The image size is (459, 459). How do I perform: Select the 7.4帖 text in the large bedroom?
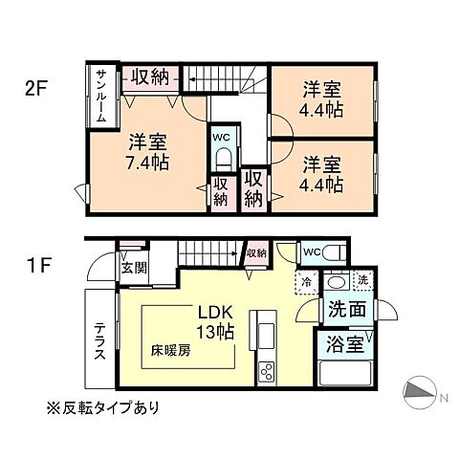pos(147,163)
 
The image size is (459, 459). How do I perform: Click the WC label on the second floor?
pos(220,137)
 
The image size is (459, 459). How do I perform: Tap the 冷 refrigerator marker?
pos(306,281)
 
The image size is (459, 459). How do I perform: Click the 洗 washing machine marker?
pos(361,280)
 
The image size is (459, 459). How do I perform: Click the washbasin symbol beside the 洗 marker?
pos(336,282)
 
